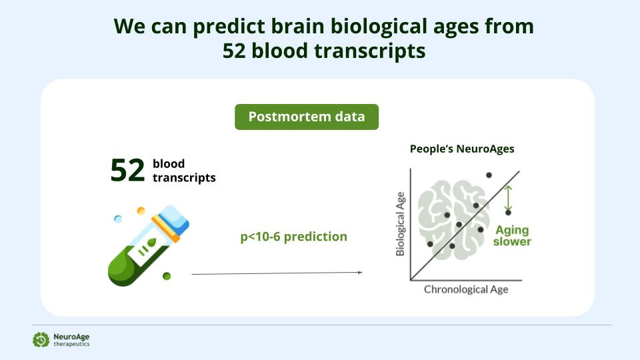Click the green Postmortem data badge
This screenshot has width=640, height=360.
[x=307, y=117]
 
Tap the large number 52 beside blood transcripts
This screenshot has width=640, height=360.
[x=128, y=170]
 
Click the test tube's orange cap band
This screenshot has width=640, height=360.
[x=165, y=229]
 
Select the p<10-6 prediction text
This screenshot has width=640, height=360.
[x=293, y=237]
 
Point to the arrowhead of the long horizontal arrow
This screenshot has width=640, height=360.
[x=360, y=272]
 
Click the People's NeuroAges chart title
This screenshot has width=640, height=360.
[x=462, y=149]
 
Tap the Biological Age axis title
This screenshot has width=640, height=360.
[x=401, y=224]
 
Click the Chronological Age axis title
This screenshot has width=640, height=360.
[x=466, y=289]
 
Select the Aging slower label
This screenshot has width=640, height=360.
[x=512, y=236]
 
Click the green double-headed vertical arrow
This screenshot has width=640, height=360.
[x=508, y=198]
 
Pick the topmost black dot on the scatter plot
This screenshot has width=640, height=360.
[x=489, y=175]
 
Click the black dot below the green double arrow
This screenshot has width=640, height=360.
[x=508, y=213]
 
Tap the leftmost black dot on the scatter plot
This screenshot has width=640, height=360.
[x=430, y=244]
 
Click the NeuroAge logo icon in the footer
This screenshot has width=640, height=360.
[x=41, y=339]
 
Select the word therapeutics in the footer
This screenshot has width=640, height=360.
[x=71, y=345]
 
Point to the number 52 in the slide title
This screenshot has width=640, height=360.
[x=234, y=51]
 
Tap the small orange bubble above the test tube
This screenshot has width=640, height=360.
[x=141, y=211]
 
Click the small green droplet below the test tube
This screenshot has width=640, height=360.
[x=167, y=276]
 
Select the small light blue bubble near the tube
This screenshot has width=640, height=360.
[x=118, y=219]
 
